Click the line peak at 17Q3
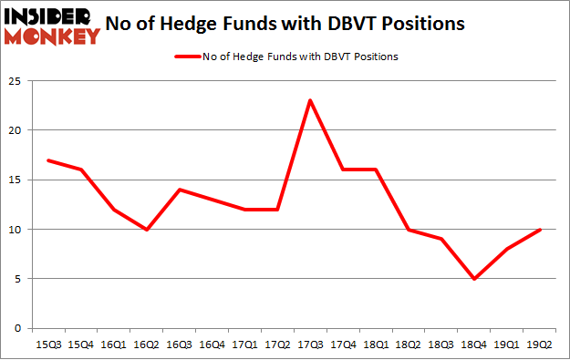[x=311, y=100]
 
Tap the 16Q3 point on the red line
[x=180, y=190]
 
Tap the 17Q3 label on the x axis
[x=311, y=345]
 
